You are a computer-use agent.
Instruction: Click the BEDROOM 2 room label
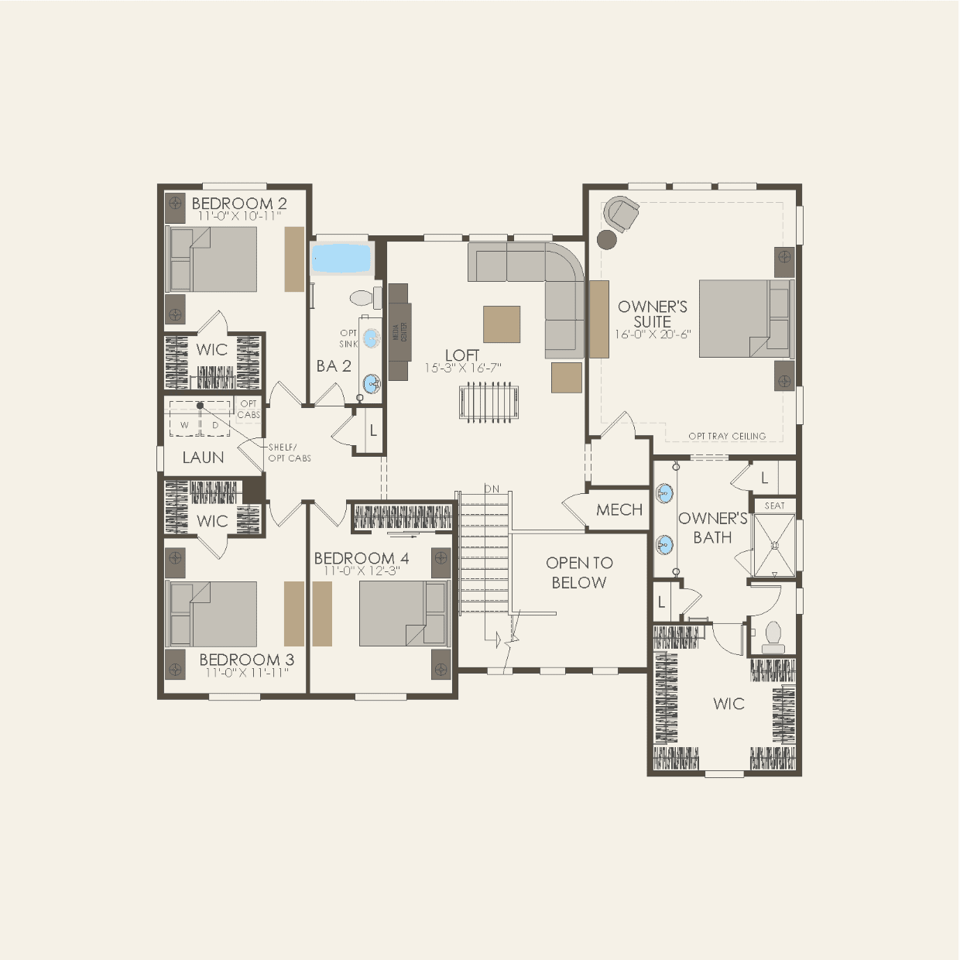(x=238, y=203)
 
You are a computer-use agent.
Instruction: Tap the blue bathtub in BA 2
(x=341, y=259)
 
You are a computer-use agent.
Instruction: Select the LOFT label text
(x=462, y=355)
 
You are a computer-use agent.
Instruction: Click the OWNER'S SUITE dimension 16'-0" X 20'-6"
(x=652, y=335)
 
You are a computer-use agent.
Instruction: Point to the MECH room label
(x=619, y=509)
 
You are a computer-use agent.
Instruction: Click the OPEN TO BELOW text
(x=579, y=573)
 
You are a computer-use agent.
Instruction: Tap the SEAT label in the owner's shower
(x=774, y=506)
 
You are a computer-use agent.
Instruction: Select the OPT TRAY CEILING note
(x=727, y=436)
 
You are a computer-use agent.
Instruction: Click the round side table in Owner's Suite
(x=607, y=239)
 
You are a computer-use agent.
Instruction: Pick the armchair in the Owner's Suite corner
(x=622, y=213)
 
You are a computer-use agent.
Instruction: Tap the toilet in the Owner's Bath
(x=773, y=636)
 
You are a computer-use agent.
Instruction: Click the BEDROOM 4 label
(x=361, y=558)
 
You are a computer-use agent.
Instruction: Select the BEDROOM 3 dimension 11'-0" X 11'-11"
(x=246, y=674)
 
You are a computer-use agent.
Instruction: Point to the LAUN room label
(x=203, y=458)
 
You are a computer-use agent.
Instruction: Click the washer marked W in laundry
(x=184, y=425)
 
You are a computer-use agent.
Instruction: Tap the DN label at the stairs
(x=492, y=489)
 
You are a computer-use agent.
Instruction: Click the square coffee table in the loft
(x=502, y=324)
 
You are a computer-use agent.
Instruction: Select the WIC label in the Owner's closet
(x=729, y=704)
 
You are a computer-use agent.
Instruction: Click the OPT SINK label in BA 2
(x=348, y=338)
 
